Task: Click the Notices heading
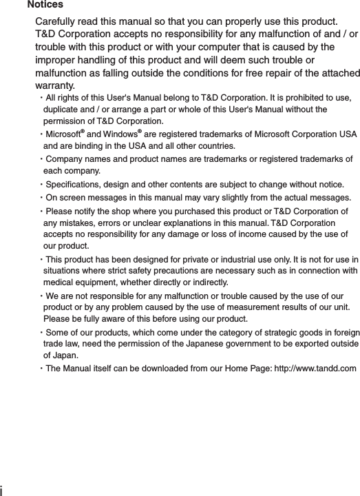pyautogui.click(x=45, y=6)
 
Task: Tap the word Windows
pyautogui.click(x=120, y=134)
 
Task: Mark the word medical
pyautogui.click(x=59, y=283)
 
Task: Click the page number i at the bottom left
pyautogui.click(x=2, y=490)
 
